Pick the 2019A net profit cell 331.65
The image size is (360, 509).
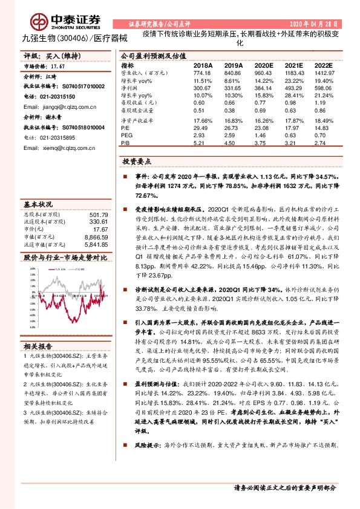(232, 87)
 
